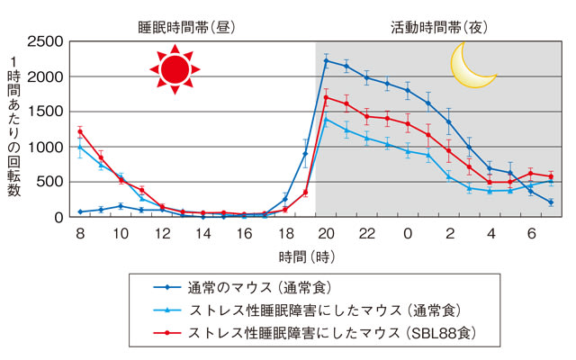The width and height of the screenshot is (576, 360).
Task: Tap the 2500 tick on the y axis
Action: click(45, 42)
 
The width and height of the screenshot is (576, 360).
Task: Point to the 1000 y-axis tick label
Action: click(45, 147)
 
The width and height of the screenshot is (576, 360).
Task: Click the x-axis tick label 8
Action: click(79, 233)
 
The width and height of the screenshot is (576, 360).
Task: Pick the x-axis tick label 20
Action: click(325, 233)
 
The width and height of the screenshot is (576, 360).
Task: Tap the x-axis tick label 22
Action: click(365, 233)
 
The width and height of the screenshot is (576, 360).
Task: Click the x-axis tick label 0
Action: click(408, 233)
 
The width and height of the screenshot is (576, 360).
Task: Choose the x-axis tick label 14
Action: click(202, 233)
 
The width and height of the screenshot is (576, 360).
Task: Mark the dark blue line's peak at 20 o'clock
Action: click(325, 61)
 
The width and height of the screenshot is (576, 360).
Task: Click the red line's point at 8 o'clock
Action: click(80, 131)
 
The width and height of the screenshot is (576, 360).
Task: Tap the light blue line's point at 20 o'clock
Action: click(325, 119)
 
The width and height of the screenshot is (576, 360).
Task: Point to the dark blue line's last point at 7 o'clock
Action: click(550, 202)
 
